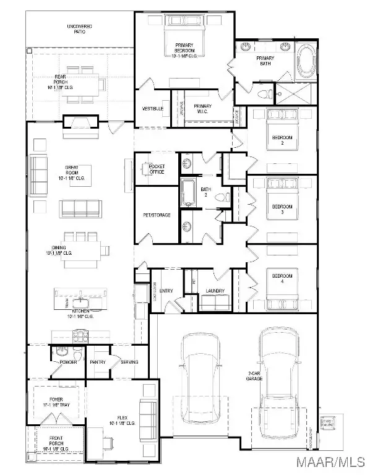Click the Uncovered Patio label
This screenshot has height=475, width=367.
pyautogui.click(x=80, y=28)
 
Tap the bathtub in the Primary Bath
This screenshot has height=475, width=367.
pyautogui.click(x=306, y=62)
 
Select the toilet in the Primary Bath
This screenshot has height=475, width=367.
pyautogui.click(x=264, y=94)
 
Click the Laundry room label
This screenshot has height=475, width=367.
pyautogui.click(x=215, y=291)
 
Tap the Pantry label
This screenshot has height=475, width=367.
pyautogui.click(x=97, y=362)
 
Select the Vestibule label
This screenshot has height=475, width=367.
pyautogui.click(x=152, y=109)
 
